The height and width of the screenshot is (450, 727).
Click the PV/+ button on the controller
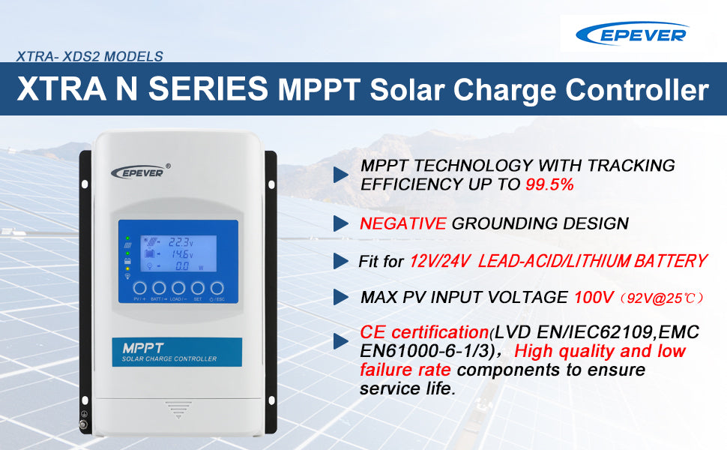[139, 288]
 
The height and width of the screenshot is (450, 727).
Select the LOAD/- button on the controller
[178, 288]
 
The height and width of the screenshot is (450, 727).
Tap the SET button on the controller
[197, 288]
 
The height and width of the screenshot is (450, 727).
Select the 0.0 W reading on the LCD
[183, 266]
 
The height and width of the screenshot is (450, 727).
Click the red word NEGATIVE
[402, 223]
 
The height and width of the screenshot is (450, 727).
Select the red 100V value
[594, 298]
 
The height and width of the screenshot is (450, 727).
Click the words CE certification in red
[423, 332]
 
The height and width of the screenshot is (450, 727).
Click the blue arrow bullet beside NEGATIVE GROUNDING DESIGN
[341, 223]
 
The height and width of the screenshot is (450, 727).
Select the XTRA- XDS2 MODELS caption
[89, 56]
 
